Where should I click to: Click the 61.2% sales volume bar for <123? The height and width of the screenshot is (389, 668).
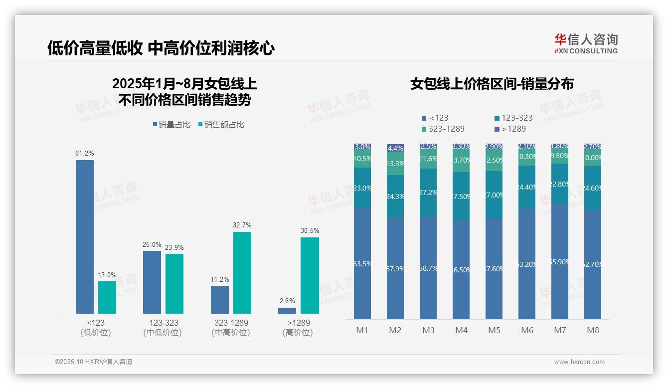point(85,236)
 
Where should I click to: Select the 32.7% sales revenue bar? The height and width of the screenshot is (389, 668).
point(242,272)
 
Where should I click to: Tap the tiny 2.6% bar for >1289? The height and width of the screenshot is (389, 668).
point(287,310)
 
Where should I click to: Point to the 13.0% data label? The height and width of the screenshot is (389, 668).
point(107,275)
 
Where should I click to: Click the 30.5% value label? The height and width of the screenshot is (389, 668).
point(310,231)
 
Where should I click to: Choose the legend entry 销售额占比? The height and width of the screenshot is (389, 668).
point(221,125)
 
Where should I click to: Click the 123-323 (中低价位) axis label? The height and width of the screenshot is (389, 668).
point(163,328)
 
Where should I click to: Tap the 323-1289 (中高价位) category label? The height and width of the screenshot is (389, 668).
point(231,328)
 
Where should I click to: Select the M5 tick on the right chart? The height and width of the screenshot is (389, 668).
point(494,331)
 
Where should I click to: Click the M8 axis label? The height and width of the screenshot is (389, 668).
point(593,331)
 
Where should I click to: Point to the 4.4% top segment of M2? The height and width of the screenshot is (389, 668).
point(395,148)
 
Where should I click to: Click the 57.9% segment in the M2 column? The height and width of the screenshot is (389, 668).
point(395,268)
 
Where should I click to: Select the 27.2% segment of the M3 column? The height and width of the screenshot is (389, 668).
point(428,193)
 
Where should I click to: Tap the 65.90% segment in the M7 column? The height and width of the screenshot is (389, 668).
point(560,261)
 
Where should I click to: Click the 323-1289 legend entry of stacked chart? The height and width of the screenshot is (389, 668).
point(443,129)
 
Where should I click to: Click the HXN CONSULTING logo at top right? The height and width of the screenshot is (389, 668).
point(586,43)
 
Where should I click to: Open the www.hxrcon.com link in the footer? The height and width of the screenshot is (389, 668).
point(579,362)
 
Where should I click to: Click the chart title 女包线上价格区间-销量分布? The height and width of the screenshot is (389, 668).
point(492,84)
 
